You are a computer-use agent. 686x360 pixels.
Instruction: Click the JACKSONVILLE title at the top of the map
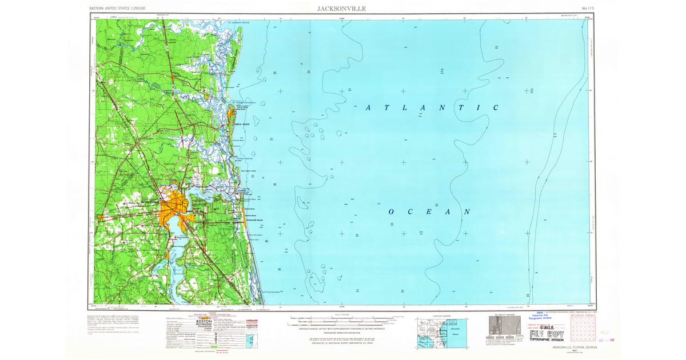[x=342, y=9]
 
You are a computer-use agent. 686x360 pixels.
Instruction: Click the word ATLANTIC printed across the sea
[x=432, y=107]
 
